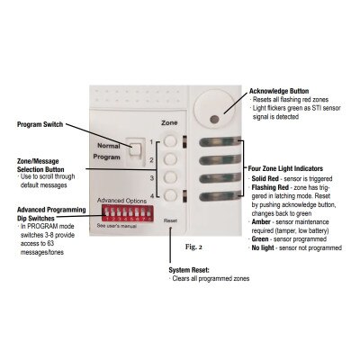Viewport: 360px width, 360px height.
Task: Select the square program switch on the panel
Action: click(134, 148)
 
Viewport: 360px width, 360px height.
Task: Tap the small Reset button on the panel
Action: click(171, 229)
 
